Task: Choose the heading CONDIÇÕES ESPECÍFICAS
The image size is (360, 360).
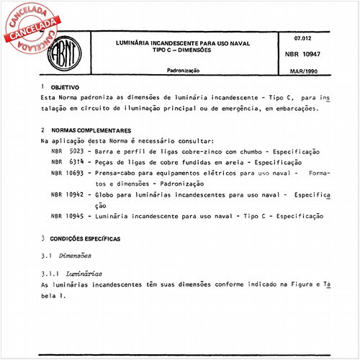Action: pos(86,238)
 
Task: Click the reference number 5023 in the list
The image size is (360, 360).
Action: pos(76,153)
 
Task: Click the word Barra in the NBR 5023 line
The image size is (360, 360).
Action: pos(108,153)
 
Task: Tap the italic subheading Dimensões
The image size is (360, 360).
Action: pos(78,256)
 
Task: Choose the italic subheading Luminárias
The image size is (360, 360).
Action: pos(84,274)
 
